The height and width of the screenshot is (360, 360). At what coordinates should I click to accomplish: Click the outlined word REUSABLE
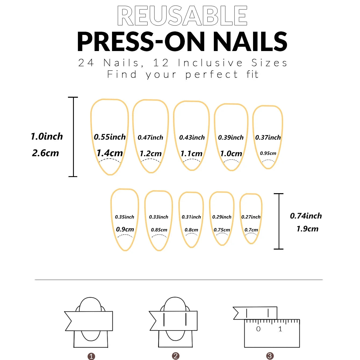click(182, 16)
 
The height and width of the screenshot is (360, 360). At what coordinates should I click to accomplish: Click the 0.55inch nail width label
click(110, 137)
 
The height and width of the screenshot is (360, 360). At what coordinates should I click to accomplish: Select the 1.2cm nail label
click(151, 154)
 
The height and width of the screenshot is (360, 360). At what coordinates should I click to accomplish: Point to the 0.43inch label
click(192, 138)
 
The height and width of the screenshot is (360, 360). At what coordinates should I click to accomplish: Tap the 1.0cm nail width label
click(231, 154)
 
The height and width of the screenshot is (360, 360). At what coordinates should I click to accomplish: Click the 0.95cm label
click(268, 153)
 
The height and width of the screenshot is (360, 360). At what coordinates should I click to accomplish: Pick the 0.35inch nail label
click(124, 217)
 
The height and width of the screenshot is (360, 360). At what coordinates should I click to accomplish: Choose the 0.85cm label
click(159, 230)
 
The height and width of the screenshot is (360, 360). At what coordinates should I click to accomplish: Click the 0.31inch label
click(191, 217)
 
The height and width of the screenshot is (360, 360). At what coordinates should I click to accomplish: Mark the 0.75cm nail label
click(222, 230)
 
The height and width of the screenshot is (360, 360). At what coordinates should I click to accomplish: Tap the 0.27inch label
click(251, 217)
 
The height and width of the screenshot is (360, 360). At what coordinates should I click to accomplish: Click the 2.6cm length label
click(45, 153)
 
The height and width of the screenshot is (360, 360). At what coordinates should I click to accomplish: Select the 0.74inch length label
click(306, 216)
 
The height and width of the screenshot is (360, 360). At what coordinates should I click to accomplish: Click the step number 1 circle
click(91, 356)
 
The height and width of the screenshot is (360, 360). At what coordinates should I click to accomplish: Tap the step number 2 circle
click(176, 356)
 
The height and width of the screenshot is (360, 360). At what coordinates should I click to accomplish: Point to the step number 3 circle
click(270, 356)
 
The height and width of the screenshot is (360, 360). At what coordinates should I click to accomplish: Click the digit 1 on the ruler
click(280, 329)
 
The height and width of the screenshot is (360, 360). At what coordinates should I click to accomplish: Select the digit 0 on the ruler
click(258, 329)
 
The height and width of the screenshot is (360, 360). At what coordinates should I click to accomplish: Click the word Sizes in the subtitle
click(269, 63)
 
